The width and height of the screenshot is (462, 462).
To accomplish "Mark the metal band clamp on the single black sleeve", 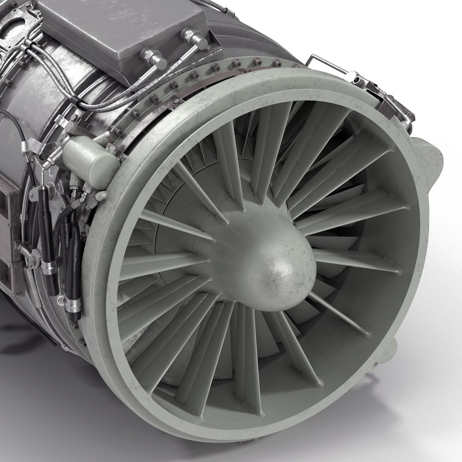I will click(49, 269).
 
